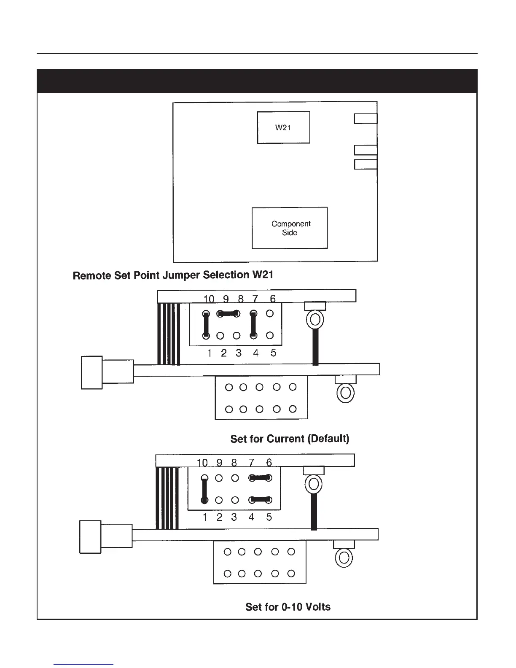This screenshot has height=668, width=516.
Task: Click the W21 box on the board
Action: point(283,127)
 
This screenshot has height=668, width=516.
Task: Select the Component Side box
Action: point(290,228)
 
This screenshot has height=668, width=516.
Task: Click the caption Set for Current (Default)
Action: point(290,439)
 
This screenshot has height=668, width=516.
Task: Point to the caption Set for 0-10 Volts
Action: point(288,607)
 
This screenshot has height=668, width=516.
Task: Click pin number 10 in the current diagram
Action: point(209,299)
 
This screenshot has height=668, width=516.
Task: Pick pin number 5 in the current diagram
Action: point(273,353)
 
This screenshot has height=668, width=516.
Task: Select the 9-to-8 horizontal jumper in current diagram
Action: point(228,314)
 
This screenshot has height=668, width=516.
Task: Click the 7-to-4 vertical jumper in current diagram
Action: point(253,325)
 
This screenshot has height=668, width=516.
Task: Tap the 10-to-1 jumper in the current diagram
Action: point(206,325)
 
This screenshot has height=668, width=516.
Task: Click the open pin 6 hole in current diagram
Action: point(270,314)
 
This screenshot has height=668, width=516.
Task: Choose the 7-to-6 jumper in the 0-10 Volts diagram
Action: point(260,478)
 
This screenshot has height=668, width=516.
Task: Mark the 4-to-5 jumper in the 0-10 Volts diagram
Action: point(260,500)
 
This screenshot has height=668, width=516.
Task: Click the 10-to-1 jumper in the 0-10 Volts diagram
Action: point(204,489)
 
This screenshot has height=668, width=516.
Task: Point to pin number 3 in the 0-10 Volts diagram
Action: point(234,517)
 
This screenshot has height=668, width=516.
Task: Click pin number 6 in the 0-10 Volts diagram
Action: point(269,463)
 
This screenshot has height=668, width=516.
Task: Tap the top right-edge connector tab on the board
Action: point(365,119)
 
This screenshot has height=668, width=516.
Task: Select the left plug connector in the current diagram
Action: point(92,372)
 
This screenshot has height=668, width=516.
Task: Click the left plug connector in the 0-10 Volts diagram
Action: point(90,536)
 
